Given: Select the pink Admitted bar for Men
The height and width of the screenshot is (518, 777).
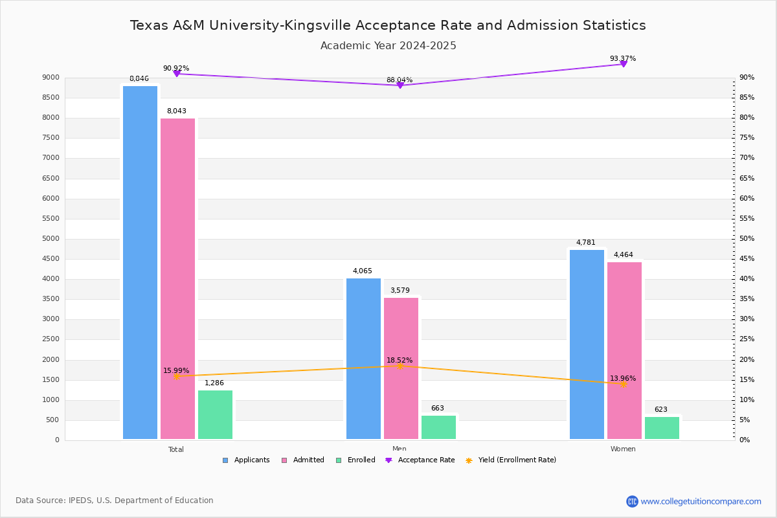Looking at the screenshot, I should [x=401, y=368].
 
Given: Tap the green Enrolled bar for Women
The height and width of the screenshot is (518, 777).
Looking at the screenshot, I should [x=662, y=428].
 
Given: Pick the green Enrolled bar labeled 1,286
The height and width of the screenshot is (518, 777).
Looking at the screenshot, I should [x=215, y=414].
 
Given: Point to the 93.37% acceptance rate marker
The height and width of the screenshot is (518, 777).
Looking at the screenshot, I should [x=623, y=63].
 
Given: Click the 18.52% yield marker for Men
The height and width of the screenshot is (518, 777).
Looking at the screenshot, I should [x=400, y=366].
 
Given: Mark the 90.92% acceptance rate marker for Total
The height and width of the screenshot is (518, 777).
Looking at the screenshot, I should [x=176, y=74].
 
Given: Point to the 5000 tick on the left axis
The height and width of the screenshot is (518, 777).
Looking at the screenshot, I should [x=51, y=239].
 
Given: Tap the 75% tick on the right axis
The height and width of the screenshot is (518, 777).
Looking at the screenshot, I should [x=747, y=138].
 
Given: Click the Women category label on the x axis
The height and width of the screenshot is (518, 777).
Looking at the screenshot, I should [x=623, y=449].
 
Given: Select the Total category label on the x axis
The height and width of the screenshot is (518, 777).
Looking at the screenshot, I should [x=176, y=449].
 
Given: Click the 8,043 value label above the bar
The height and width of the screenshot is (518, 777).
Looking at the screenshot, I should [x=176, y=111].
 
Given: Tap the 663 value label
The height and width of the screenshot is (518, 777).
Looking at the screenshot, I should [x=438, y=409].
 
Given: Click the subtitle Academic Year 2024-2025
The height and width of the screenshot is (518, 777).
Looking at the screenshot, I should [x=388, y=46].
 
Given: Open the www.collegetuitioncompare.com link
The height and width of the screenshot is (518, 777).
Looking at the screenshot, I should [x=701, y=501].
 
